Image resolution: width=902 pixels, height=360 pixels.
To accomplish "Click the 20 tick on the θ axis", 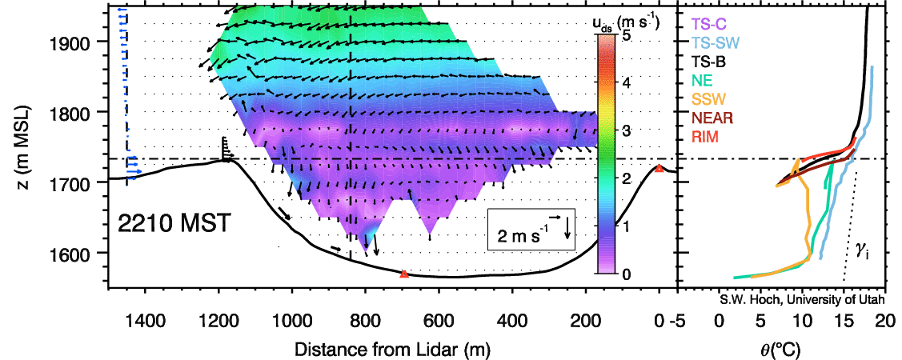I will (x=883, y=324).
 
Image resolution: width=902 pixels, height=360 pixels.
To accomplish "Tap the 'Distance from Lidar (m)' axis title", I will (x=392, y=350).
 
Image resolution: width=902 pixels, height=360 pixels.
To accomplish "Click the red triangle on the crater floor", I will (x=404, y=274).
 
